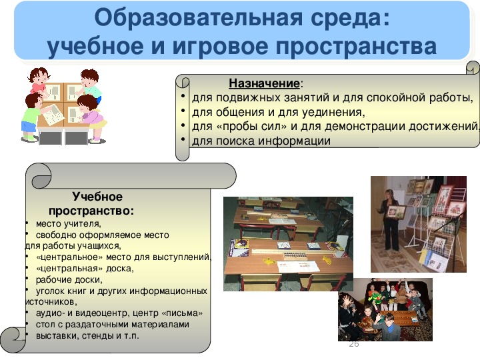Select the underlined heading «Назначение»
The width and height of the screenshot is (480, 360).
pyautogui.click(x=264, y=83)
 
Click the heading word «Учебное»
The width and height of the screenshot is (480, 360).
pyautogui.click(x=97, y=197)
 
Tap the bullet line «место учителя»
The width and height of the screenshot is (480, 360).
pyautogui.click(x=68, y=224)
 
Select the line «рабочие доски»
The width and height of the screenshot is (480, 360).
pyautogui.click(x=69, y=279)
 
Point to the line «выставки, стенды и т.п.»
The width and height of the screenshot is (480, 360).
pyautogui.click(x=87, y=335)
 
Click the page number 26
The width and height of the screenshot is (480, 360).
pyautogui.click(x=354, y=344)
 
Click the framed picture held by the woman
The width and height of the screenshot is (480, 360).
pyautogui.click(x=396, y=211)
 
